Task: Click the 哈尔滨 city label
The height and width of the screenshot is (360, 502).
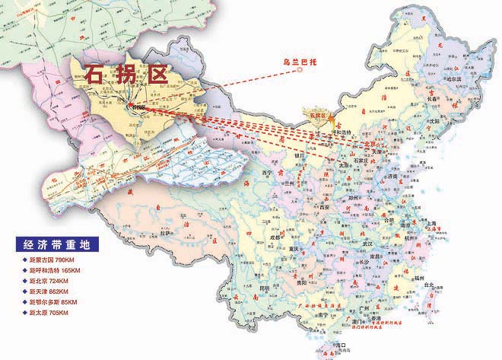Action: (453, 78)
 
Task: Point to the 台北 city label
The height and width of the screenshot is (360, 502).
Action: (430, 285)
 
